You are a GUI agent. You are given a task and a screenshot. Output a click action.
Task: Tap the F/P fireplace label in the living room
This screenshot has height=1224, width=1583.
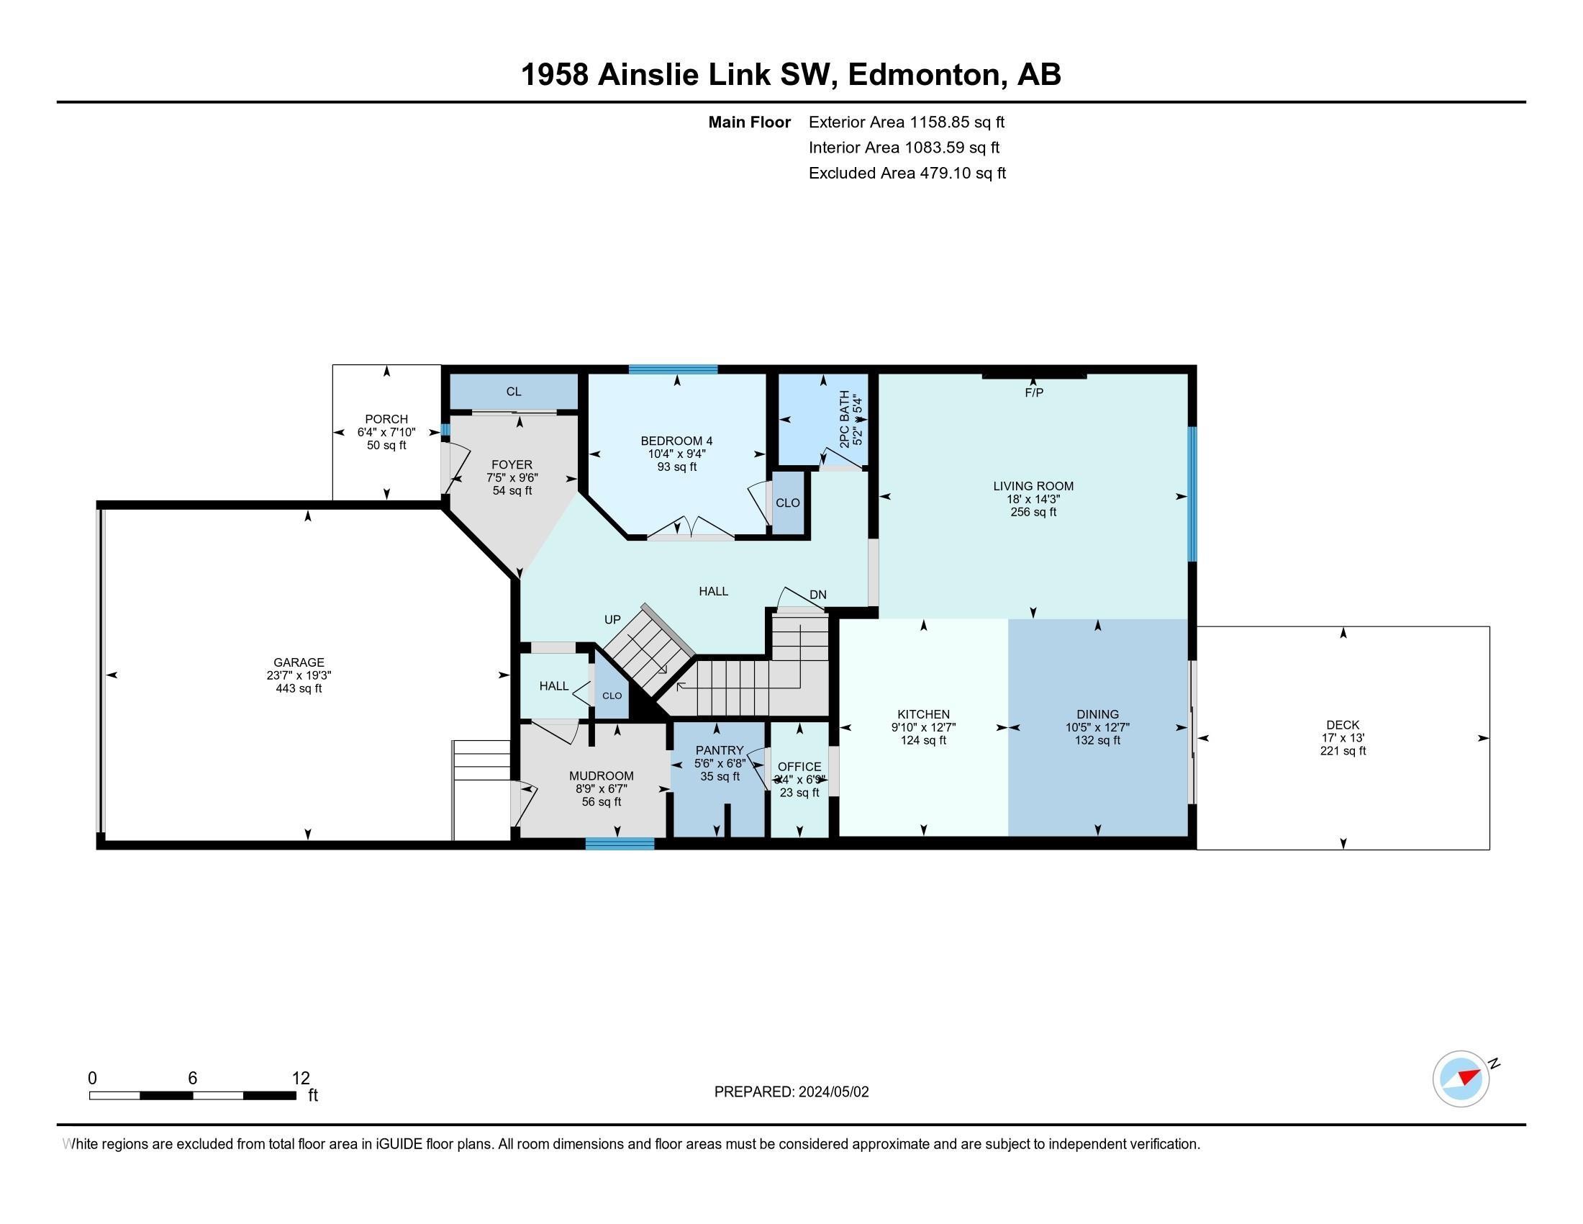[1033, 392]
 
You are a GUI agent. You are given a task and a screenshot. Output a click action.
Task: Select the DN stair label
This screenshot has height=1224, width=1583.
[817, 595]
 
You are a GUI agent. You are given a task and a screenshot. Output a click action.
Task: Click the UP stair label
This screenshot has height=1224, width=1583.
[612, 620]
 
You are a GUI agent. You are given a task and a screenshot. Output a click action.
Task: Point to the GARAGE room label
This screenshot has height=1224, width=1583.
[299, 662]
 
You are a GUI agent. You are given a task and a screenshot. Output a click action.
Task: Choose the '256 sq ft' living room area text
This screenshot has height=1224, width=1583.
[1033, 512]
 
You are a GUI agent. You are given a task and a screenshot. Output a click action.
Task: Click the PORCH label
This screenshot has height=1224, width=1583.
[386, 419]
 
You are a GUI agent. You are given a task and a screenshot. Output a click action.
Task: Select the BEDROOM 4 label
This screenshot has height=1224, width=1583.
[676, 441]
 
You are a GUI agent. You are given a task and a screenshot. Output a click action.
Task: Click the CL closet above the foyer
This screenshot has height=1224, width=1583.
[513, 392]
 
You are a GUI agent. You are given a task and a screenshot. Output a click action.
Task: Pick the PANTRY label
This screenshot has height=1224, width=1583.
[719, 750]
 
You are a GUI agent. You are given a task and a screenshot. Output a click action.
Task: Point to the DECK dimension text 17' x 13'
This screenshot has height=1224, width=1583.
[1343, 738]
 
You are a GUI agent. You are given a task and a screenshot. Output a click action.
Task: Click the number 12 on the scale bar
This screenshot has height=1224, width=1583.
[300, 1078]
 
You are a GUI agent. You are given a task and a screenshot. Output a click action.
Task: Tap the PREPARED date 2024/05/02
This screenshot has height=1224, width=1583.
[832, 1092]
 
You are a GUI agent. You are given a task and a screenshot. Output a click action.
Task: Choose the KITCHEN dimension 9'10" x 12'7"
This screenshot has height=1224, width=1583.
[923, 727]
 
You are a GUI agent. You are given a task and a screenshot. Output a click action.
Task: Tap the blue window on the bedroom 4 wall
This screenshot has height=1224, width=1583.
[673, 369]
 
